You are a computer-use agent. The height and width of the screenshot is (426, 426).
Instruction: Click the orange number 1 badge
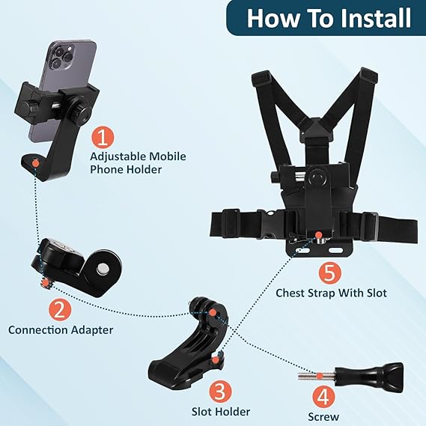[x=102, y=138]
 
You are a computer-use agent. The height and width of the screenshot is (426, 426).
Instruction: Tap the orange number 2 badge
[x=60, y=310]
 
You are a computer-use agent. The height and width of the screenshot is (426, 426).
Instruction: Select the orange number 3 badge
[x=220, y=392]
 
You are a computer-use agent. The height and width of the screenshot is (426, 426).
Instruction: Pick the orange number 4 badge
[x=323, y=398]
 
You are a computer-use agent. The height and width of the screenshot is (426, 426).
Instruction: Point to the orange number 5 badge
[x=330, y=273]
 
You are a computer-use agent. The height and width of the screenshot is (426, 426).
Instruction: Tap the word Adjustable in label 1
[x=118, y=156]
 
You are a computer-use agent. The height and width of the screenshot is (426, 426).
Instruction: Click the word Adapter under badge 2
[x=92, y=330]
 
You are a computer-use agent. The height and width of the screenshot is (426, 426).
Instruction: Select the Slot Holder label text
[x=221, y=412]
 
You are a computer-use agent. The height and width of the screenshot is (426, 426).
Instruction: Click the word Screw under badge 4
[x=323, y=417]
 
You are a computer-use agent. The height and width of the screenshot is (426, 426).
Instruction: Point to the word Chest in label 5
[x=290, y=293]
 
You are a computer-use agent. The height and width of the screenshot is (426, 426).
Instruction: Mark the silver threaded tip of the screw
[x=316, y=376]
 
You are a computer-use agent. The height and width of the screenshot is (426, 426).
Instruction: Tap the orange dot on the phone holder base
[x=35, y=163]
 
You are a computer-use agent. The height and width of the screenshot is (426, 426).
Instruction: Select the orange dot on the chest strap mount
[x=318, y=234]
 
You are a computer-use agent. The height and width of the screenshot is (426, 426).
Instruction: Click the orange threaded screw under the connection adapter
[x=45, y=283]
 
